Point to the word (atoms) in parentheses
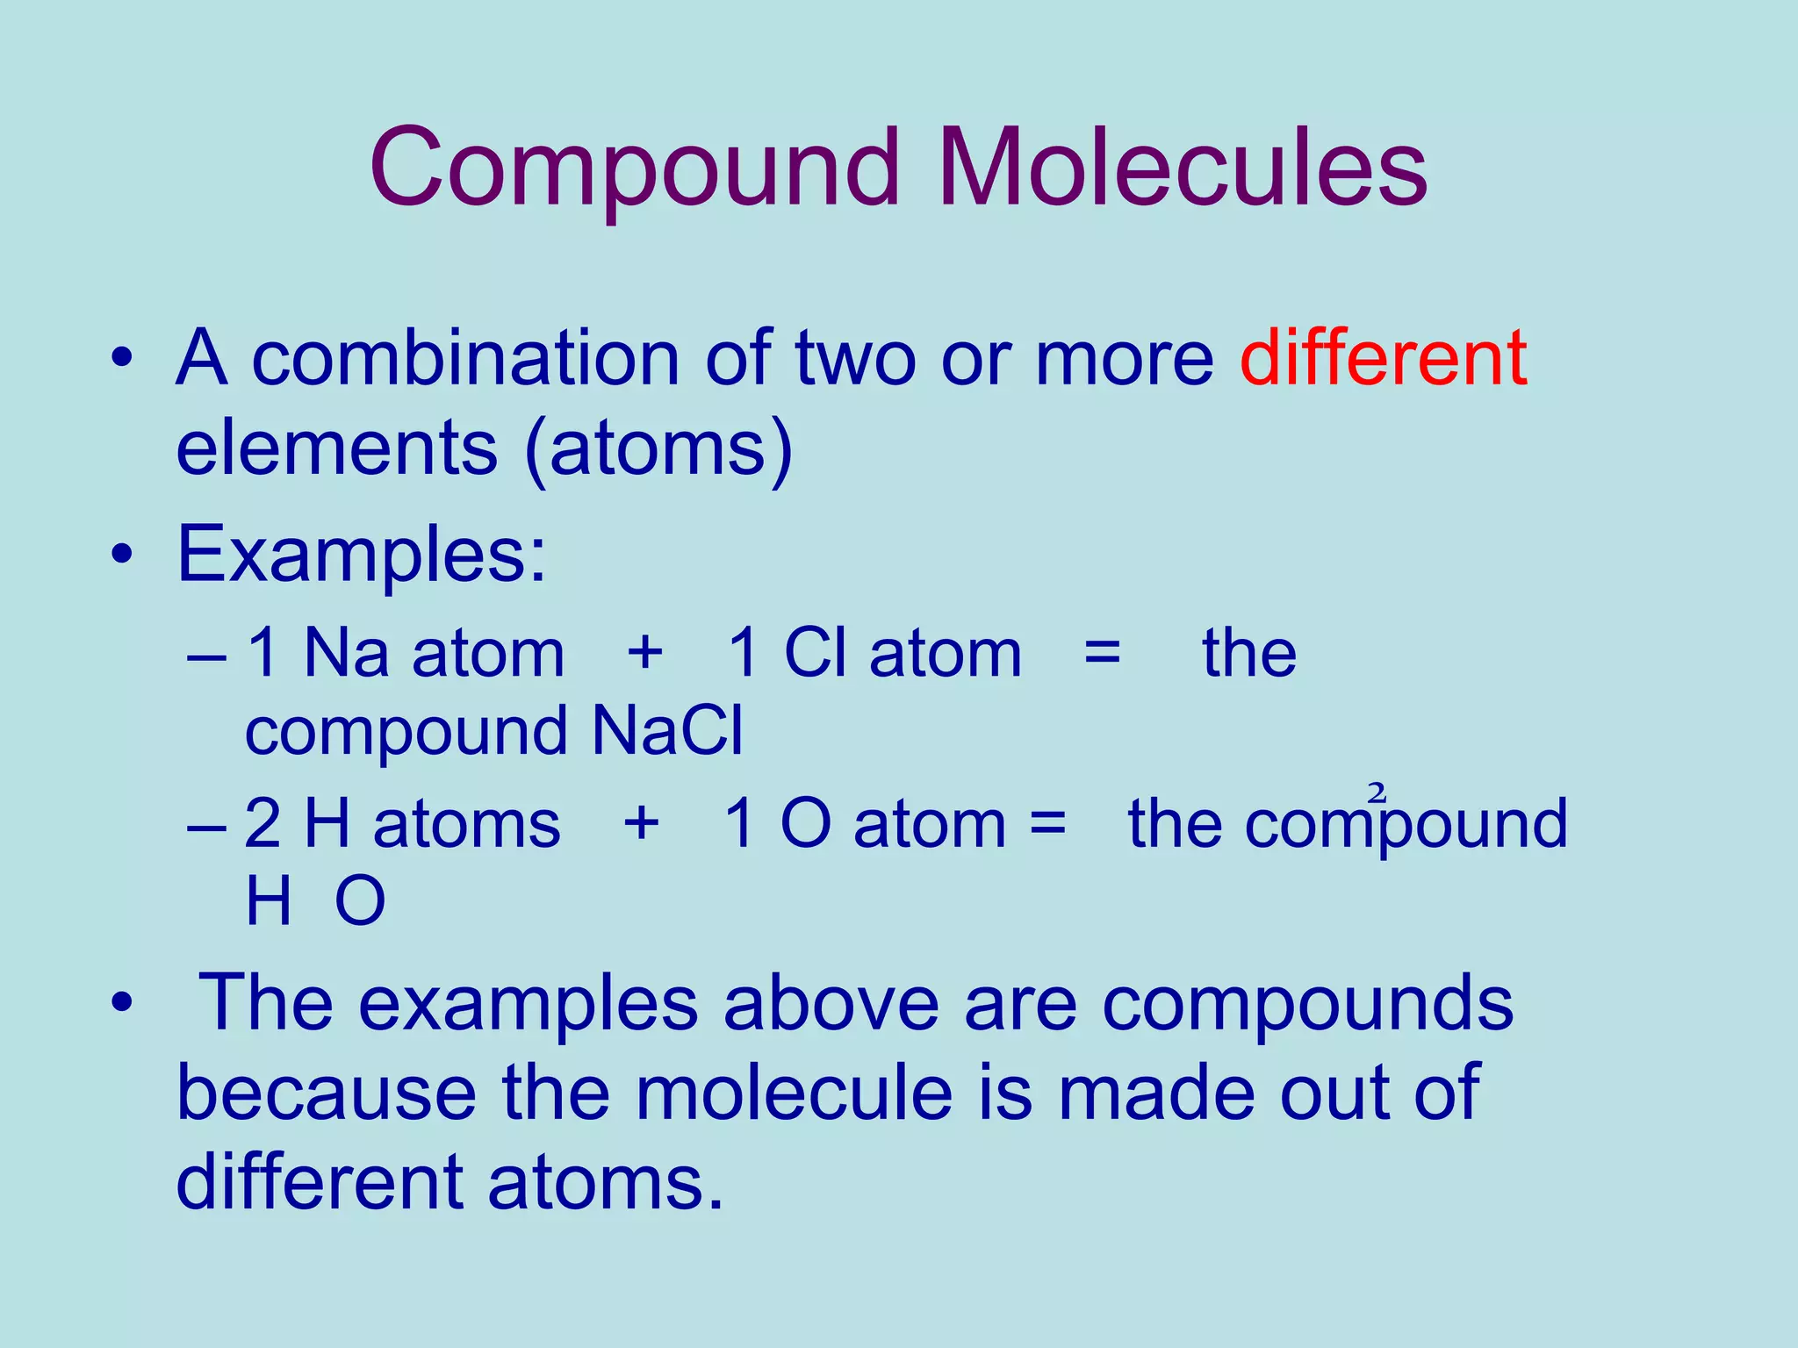pyautogui.click(x=658, y=449)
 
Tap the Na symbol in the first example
pyautogui.click(x=346, y=653)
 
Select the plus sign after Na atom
pyautogui.click(x=644, y=653)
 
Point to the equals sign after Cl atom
pyautogui.click(x=1102, y=654)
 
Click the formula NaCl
pyautogui.click(x=667, y=730)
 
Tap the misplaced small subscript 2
pyautogui.click(x=1377, y=792)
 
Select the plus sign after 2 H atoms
pyautogui.click(x=641, y=823)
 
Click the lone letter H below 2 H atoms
pyautogui.click(x=268, y=901)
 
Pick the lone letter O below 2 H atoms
pyautogui.click(x=360, y=901)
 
